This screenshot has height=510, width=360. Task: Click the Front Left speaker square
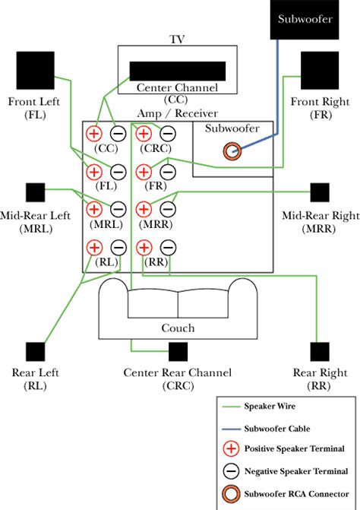pos(36,70)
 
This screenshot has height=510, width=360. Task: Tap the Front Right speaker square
pos(320,70)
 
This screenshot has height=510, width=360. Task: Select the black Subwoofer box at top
pos(305,20)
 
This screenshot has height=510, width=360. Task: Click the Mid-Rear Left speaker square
pos(36,192)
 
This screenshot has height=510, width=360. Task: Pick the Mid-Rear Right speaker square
pos(320,192)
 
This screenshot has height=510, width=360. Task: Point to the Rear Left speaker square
pos(36,352)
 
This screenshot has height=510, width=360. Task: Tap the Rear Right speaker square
pos(320,352)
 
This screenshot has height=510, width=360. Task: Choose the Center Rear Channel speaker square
pos(178,352)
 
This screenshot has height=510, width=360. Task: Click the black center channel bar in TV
pos(178,71)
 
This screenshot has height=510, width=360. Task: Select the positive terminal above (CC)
pos(94,133)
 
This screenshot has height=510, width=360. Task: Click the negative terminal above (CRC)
pos(168,133)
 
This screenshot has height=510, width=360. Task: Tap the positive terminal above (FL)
pos(94,172)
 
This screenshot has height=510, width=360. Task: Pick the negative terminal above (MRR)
pos(168,209)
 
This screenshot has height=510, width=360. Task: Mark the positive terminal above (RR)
pos(144,248)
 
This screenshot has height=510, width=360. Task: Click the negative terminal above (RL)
pos(118,248)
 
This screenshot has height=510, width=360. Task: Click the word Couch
pos(178,328)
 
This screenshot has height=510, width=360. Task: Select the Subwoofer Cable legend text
pos(277,429)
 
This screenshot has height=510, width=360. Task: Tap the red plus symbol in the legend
pos(231,449)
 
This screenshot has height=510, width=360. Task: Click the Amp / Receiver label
pos(178,113)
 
